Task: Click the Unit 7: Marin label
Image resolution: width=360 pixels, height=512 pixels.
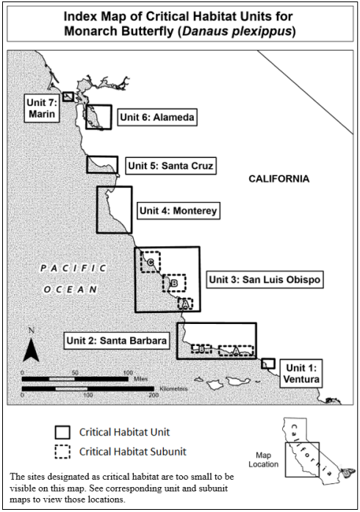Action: (42, 108)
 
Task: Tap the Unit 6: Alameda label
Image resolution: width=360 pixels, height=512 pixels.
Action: (157, 117)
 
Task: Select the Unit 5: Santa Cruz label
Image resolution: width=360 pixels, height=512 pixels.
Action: (170, 165)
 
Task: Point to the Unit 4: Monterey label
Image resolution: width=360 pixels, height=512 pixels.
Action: (179, 211)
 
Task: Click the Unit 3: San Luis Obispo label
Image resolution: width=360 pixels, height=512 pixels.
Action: (264, 280)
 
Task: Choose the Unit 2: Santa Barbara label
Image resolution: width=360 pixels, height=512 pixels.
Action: (117, 341)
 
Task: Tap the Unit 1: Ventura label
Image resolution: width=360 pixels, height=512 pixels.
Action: (301, 374)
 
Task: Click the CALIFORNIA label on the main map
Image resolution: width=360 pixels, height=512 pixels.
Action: (279, 179)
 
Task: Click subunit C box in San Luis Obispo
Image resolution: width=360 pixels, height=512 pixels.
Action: (141, 262)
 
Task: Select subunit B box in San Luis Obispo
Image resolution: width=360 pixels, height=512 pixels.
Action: (163, 283)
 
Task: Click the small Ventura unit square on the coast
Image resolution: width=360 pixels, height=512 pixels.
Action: (268, 359)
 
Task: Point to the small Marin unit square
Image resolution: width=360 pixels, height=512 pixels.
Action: (68, 93)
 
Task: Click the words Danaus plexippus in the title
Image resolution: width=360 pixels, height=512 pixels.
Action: (237, 32)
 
